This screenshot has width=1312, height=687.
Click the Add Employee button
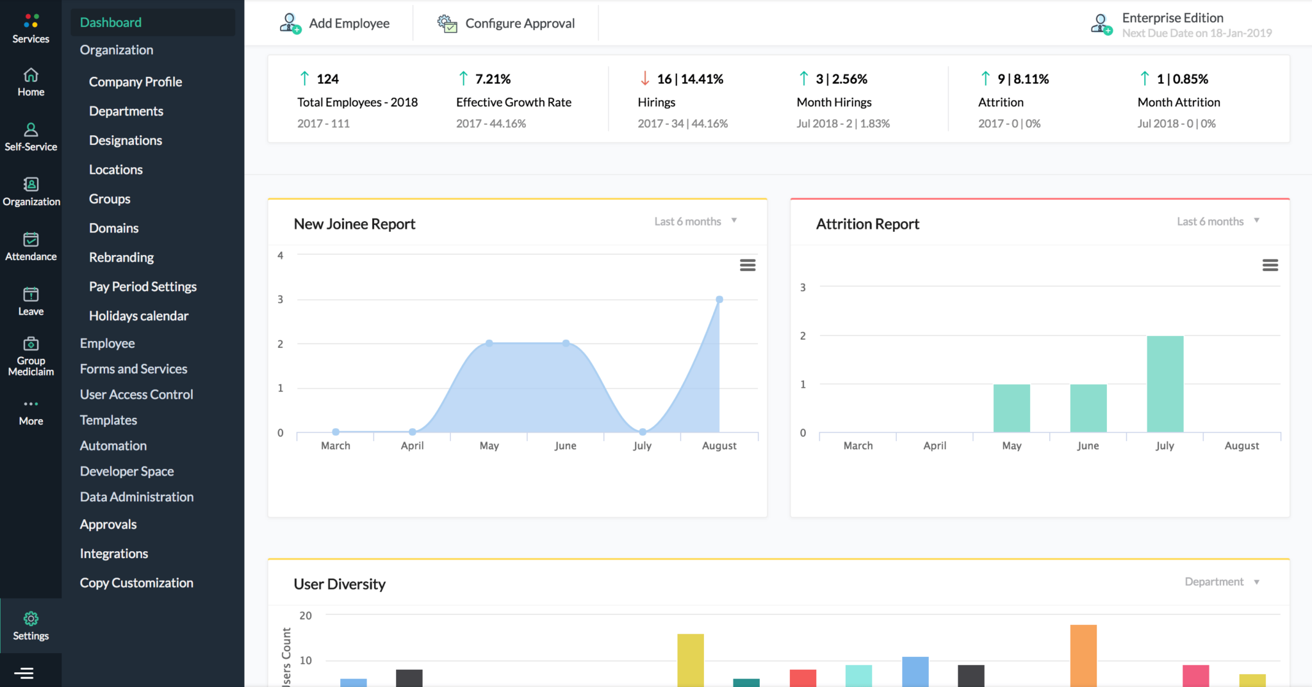(335, 24)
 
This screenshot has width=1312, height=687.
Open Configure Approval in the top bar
(506, 24)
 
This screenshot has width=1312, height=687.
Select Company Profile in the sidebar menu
(135, 82)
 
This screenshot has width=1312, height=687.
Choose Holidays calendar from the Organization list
(138, 316)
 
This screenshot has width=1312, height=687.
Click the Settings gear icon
(31, 618)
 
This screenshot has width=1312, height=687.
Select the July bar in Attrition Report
(1165, 385)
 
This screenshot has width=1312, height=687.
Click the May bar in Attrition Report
(1012, 408)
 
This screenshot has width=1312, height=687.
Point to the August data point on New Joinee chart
(719, 299)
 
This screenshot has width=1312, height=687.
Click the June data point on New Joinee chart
(566, 343)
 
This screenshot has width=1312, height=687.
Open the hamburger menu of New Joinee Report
(748, 265)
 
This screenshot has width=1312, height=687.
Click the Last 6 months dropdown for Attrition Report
(1217, 221)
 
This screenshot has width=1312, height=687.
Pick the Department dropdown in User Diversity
(1221, 582)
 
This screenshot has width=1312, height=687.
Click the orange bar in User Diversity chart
(1083, 655)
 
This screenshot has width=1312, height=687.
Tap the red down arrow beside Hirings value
(644, 79)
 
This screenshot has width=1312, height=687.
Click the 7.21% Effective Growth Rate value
(493, 79)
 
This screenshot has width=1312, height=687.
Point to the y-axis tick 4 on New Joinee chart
(280, 255)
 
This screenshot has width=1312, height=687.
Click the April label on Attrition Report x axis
(935, 445)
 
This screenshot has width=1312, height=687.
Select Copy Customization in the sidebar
(136, 583)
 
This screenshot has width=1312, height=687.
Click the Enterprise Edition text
(1172, 18)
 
